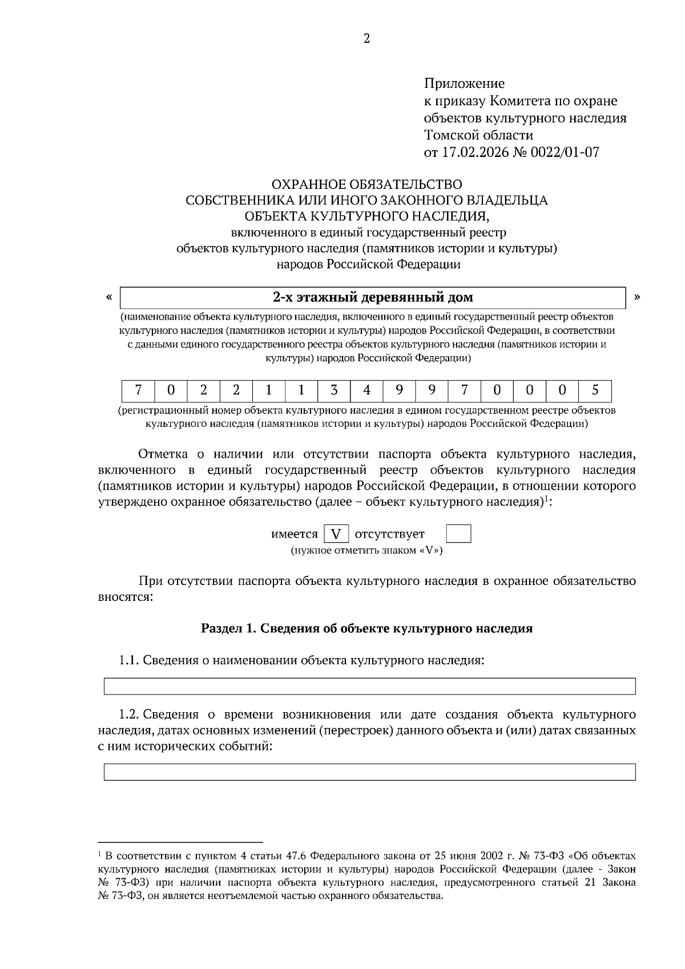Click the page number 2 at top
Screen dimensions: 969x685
(366, 39)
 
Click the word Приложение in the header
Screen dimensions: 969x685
(464, 84)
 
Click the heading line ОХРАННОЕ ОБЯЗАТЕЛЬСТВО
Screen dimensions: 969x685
(366, 184)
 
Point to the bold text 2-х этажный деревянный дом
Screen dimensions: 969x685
(373, 297)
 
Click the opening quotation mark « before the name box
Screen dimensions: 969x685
(108, 297)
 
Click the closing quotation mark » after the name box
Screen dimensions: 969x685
(637, 297)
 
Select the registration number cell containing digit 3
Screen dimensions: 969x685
(334, 390)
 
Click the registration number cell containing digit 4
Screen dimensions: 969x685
(366, 390)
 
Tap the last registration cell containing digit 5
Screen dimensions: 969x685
(595, 390)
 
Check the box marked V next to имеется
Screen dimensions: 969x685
(336, 534)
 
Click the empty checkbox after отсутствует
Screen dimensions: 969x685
(458, 534)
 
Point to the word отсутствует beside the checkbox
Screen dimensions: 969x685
(390, 534)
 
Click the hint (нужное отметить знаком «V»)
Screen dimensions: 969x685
(366, 551)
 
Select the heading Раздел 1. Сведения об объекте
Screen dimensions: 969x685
(366, 628)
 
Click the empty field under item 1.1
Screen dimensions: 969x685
(369, 686)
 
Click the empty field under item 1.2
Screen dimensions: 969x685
(369, 772)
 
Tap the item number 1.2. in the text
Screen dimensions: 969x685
(128, 714)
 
